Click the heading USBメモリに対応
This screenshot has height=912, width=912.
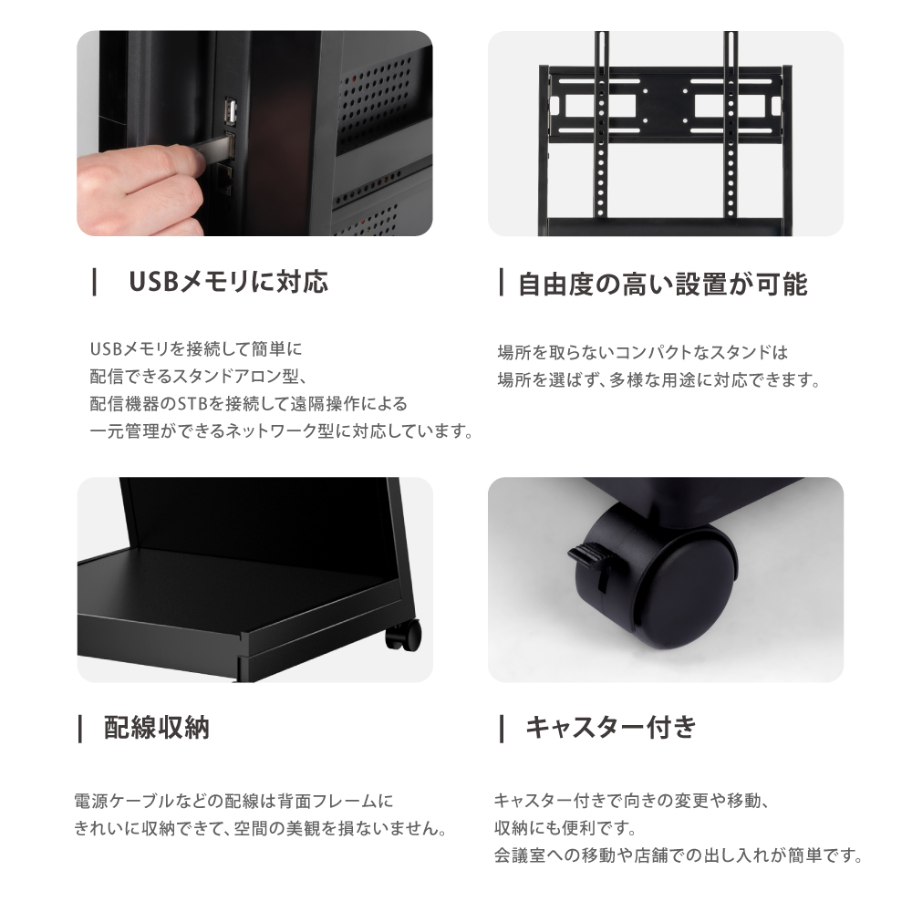pos(227,282)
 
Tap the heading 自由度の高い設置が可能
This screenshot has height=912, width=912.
pos(662,284)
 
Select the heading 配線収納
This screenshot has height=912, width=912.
pos(156,728)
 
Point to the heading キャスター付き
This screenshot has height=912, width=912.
pos(611,728)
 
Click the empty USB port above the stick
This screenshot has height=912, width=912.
pos(229,112)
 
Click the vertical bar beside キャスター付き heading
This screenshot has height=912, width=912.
pos(502,728)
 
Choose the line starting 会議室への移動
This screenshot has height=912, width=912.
pos(678,856)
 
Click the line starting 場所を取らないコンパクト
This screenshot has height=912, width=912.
pos(642,352)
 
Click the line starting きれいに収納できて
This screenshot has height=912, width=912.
pos(259,830)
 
